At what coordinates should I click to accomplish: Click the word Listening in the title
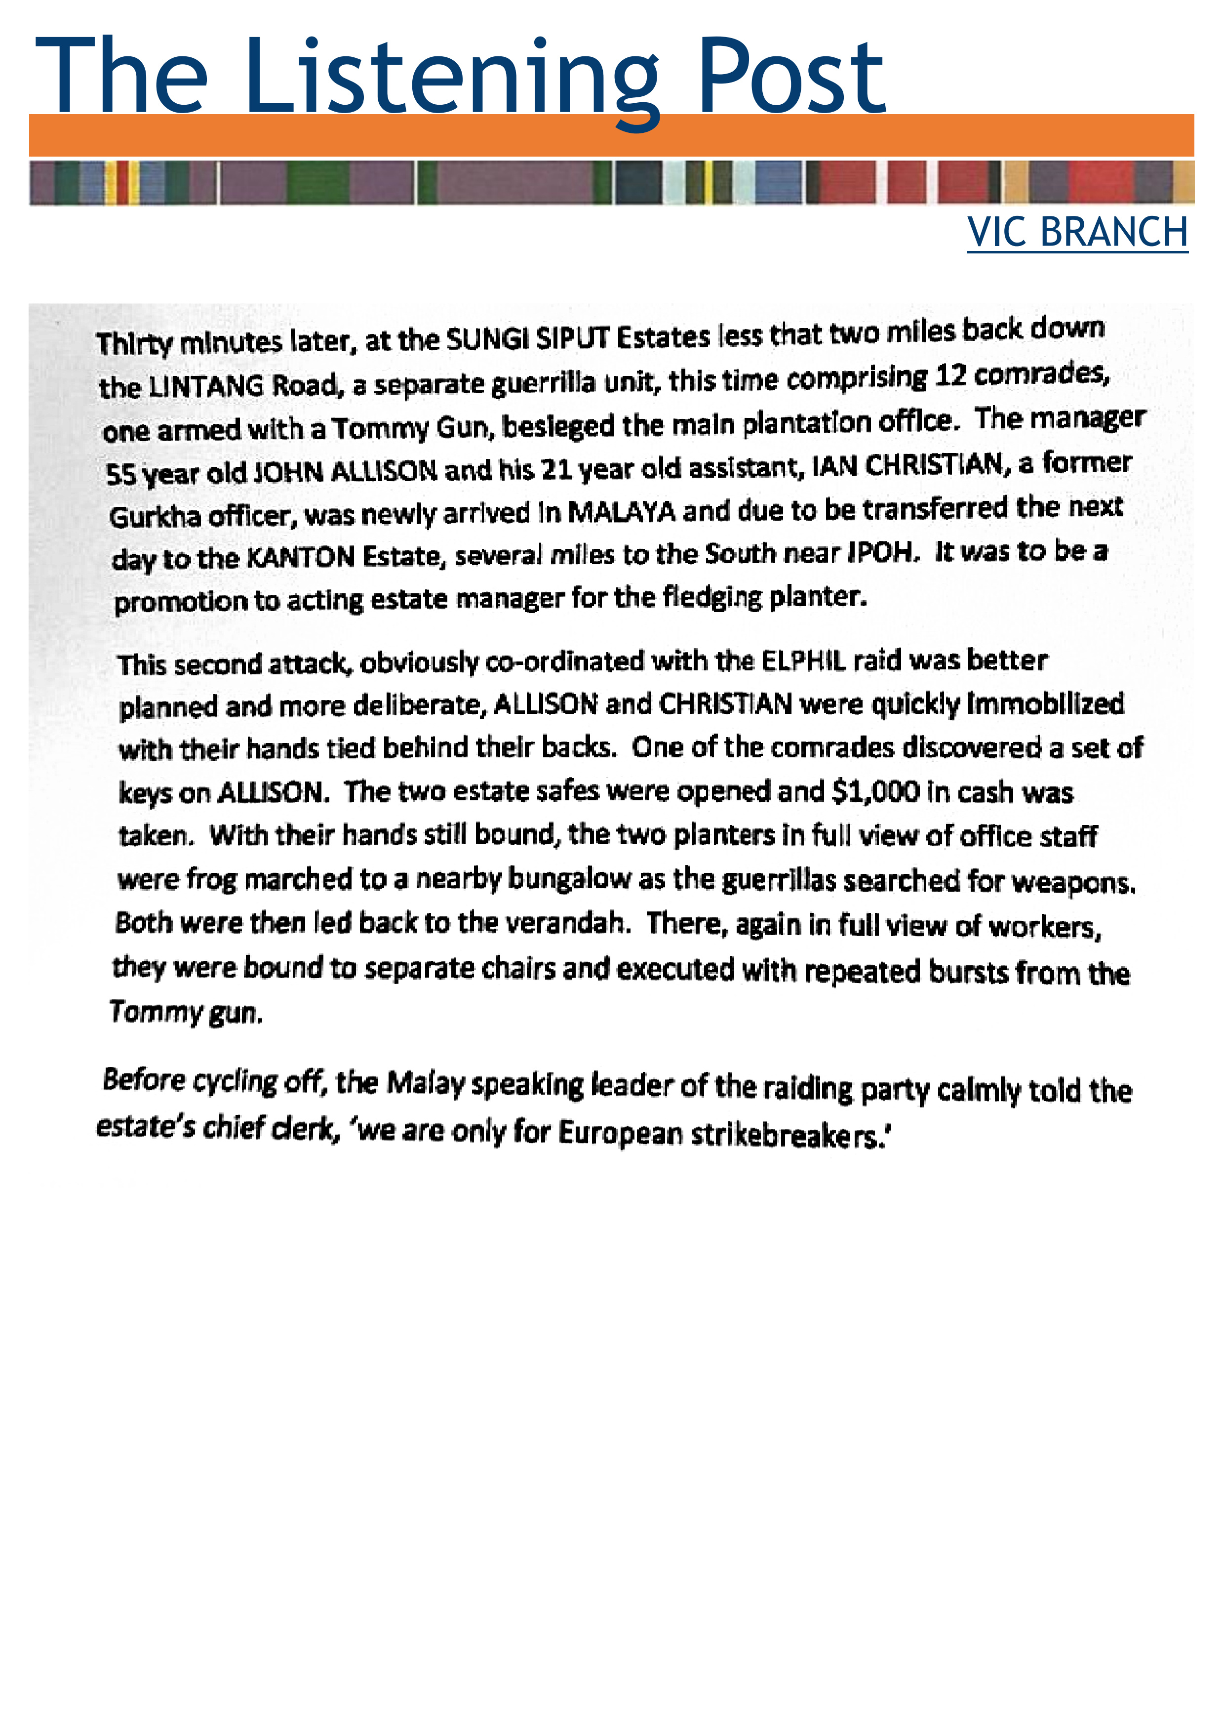point(450,78)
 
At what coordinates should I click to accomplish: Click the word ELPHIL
point(803,660)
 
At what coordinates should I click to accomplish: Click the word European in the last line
point(620,1133)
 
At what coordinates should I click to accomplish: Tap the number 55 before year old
point(120,474)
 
